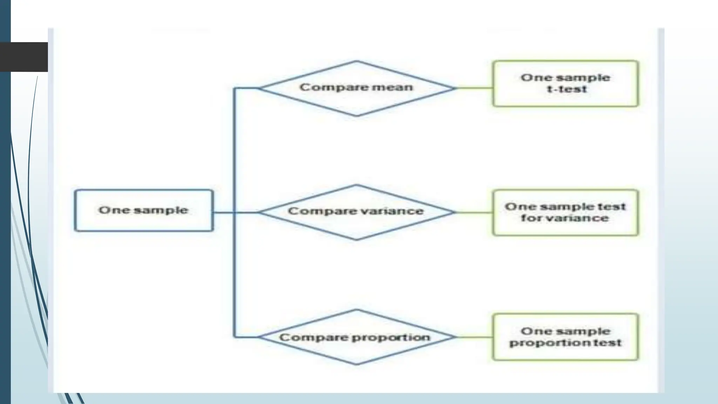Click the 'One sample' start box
[x=144, y=210]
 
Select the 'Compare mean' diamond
[x=356, y=88]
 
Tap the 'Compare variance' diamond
[x=356, y=212]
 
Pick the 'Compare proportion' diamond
[x=356, y=337]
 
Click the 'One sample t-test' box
[x=565, y=83]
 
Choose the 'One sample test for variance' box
[x=565, y=213]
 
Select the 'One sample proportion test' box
[x=565, y=337]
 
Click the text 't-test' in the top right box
[x=567, y=89]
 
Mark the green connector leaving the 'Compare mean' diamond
[x=474, y=88]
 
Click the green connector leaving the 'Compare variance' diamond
[x=474, y=212]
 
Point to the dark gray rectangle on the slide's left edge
[x=24, y=57]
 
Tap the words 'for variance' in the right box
[x=564, y=218]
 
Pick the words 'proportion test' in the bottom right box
[x=565, y=343]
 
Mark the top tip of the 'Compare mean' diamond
[x=356, y=62]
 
